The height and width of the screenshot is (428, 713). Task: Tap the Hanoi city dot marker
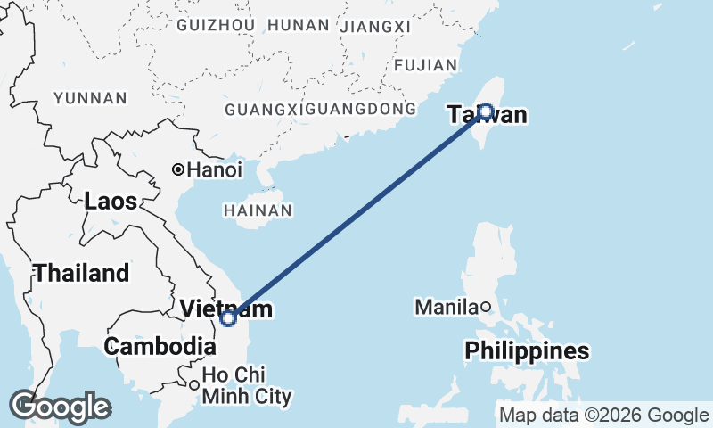(x=178, y=169)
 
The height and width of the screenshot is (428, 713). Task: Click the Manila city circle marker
(x=486, y=308)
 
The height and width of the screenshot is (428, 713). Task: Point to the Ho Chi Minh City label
(x=246, y=385)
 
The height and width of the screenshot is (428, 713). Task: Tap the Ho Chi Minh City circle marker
(x=193, y=385)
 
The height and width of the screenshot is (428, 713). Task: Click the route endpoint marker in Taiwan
(x=485, y=111)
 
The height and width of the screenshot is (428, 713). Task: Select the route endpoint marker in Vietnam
(x=228, y=317)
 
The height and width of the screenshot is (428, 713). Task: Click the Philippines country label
(x=527, y=351)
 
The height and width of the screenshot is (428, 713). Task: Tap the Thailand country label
(x=81, y=273)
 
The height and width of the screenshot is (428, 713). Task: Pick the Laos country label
(x=111, y=202)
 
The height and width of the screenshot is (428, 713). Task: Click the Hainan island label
(x=258, y=210)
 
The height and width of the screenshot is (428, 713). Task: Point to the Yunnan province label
(x=90, y=97)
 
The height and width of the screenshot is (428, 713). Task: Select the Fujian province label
(x=424, y=64)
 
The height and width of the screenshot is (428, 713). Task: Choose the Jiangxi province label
(x=376, y=26)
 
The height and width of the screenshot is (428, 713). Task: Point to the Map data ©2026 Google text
(x=603, y=415)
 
